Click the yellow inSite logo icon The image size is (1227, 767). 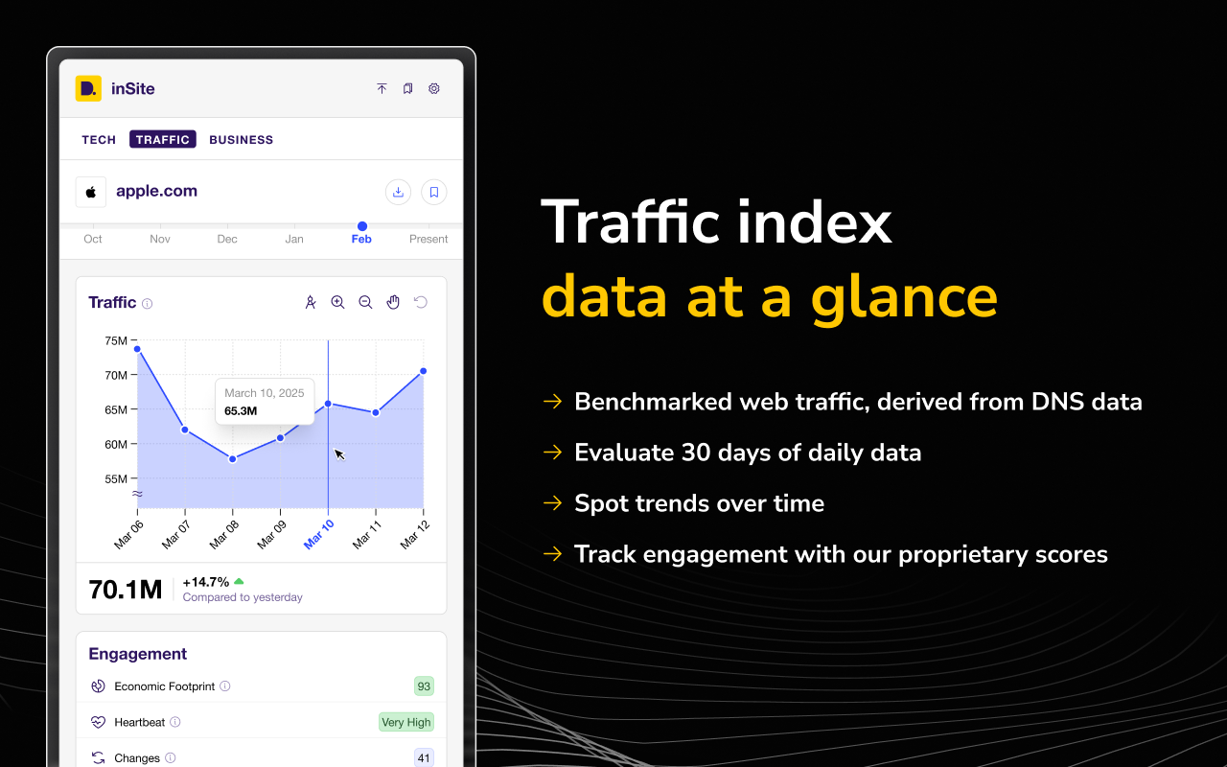88,88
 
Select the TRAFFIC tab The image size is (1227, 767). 163,140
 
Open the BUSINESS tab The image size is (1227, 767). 241,140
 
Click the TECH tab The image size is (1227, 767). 99,140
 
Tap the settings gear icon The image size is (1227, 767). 434,88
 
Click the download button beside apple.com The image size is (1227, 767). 398,192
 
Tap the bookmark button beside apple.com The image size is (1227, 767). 434,192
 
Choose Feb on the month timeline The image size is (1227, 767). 361,239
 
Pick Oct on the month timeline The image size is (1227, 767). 93,239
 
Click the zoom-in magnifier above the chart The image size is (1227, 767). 337,302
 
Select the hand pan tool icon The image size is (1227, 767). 393,302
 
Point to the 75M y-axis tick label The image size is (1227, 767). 116,340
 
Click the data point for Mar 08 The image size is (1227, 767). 233,458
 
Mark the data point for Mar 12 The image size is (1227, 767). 423,371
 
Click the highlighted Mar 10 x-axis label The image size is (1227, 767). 319,534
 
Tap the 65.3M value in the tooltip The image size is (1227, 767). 241,411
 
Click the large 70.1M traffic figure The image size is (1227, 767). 126,590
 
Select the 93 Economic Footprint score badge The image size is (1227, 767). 424,686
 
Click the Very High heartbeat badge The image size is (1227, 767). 406,722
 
